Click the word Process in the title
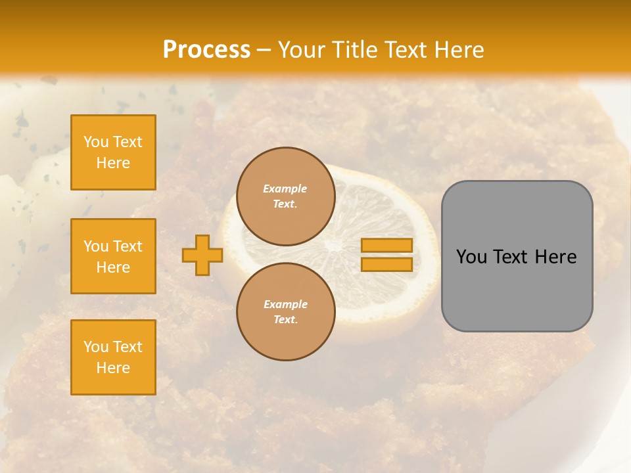[x=206, y=50]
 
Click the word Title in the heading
[x=354, y=50]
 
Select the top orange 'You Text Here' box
[x=113, y=152]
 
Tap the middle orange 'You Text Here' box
[x=113, y=256]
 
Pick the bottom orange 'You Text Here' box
[x=113, y=357]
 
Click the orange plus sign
[x=202, y=255]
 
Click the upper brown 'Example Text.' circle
[x=285, y=196]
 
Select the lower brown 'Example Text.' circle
[x=285, y=311]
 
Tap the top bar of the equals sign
[x=386, y=245]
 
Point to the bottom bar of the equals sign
[x=386, y=264]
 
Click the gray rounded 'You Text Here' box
[x=517, y=256]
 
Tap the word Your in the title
[x=301, y=50]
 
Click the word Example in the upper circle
[x=285, y=189]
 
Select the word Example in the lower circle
[x=285, y=304]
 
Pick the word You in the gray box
[x=472, y=257]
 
